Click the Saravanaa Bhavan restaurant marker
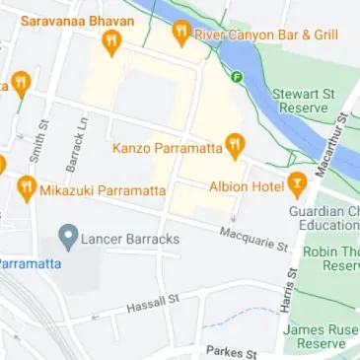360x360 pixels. [110, 42]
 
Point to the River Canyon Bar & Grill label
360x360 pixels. [266, 35]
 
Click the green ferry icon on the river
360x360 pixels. [237, 75]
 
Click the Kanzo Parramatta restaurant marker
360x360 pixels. [235, 148]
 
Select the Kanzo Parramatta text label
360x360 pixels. [168, 149]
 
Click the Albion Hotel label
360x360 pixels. [247, 185]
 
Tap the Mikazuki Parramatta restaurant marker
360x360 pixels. [27, 188]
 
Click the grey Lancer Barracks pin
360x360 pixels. [68, 237]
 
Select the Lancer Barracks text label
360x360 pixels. [130, 238]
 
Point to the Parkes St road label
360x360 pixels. [231, 351]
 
